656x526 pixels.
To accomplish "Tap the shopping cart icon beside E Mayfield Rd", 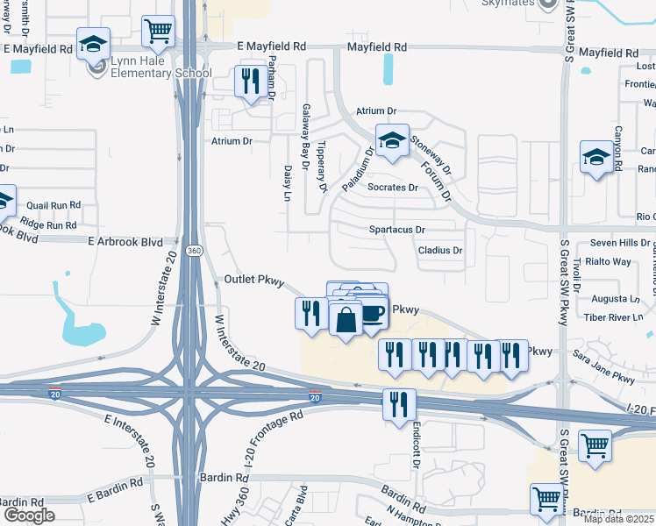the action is (x=159, y=31).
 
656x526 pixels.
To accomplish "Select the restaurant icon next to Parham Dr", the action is (x=252, y=82).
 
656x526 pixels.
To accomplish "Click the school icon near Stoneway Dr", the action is (x=392, y=140).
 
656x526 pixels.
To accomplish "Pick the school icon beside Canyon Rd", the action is (x=597, y=158).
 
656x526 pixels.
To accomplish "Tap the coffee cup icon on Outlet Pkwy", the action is (x=372, y=313).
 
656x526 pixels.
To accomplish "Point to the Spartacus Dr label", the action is (x=396, y=230).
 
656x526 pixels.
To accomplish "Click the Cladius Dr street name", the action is (x=440, y=251).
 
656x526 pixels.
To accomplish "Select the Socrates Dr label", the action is (x=393, y=188).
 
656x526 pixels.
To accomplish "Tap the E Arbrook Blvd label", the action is (x=125, y=241).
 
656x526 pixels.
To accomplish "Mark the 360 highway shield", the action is (x=195, y=251).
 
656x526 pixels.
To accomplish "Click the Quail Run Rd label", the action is (x=53, y=205).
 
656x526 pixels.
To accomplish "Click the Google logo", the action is (x=28, y=515).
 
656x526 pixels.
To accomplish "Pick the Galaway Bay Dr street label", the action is (x=306, y=134).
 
